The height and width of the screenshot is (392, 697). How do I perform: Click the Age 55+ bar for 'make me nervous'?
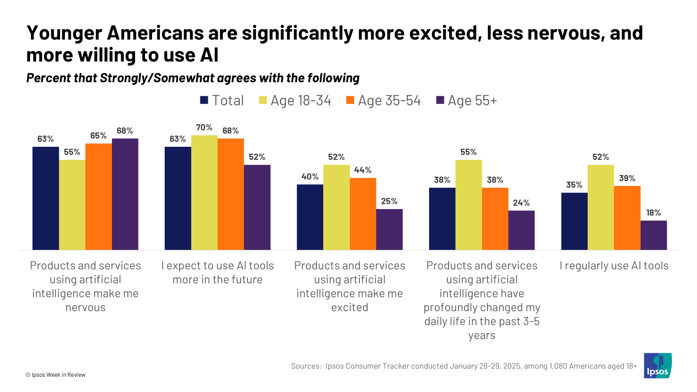(125, 194)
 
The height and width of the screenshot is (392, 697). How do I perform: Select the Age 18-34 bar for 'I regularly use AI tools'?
(601, 207)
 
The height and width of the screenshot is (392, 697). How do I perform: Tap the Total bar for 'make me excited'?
(310, 217)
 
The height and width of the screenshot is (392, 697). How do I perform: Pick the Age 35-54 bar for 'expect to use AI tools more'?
(231, 194)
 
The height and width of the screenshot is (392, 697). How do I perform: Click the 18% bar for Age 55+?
(653, 235)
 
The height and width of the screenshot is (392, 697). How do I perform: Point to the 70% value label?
(204, 128)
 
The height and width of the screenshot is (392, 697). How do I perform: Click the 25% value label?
(389, 201)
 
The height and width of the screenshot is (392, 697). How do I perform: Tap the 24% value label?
(521, 203)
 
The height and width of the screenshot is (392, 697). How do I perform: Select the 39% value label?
(627, 178)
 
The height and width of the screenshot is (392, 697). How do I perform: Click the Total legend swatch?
(204, 100)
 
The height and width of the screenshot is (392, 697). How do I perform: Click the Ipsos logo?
(658, 365)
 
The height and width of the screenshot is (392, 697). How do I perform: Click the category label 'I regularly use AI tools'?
(614, 266)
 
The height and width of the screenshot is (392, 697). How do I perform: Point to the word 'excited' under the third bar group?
(350, 308)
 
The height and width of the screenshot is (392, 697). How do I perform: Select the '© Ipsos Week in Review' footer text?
(55, 375)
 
